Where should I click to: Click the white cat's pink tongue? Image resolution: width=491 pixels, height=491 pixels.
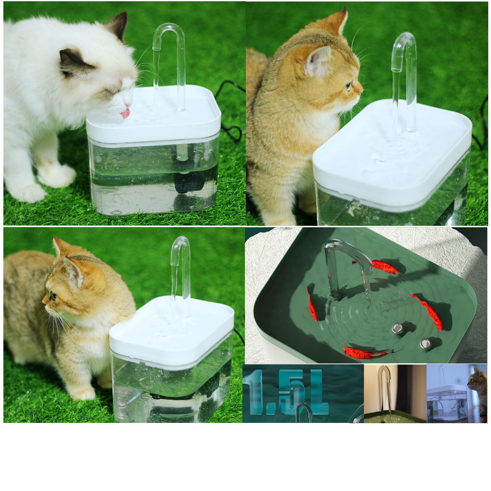125,114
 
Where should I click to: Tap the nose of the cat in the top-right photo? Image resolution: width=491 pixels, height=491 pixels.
361,91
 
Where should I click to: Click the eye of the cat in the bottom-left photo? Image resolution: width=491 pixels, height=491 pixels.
53,296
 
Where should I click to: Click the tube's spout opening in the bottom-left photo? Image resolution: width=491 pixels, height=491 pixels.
174,263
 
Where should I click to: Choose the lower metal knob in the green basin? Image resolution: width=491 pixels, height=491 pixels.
425,343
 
